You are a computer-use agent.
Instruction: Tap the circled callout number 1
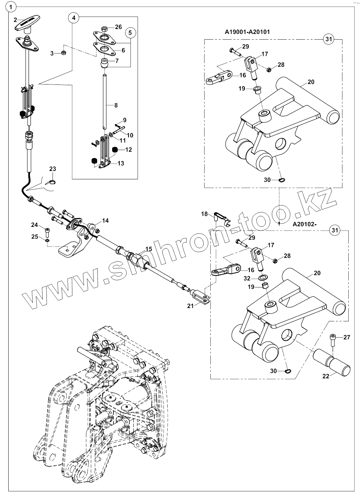click(x=12, y=6)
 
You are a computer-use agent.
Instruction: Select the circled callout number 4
click(x=74, y=17)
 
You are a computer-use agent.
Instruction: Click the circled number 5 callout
click(x=130, y=33)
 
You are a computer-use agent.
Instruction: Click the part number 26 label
click(x=118, y=27)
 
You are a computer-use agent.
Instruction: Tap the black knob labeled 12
click(x=115, y=150)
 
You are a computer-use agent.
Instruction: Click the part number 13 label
click(x=120, y=163)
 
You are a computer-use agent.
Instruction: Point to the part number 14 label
click(x=105, y=220)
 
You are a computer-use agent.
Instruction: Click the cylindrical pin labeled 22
click(x=333, y=364)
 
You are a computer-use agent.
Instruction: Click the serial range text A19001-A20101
click(x=247, y=32)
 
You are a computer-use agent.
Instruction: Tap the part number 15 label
click(x=148, y=249)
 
